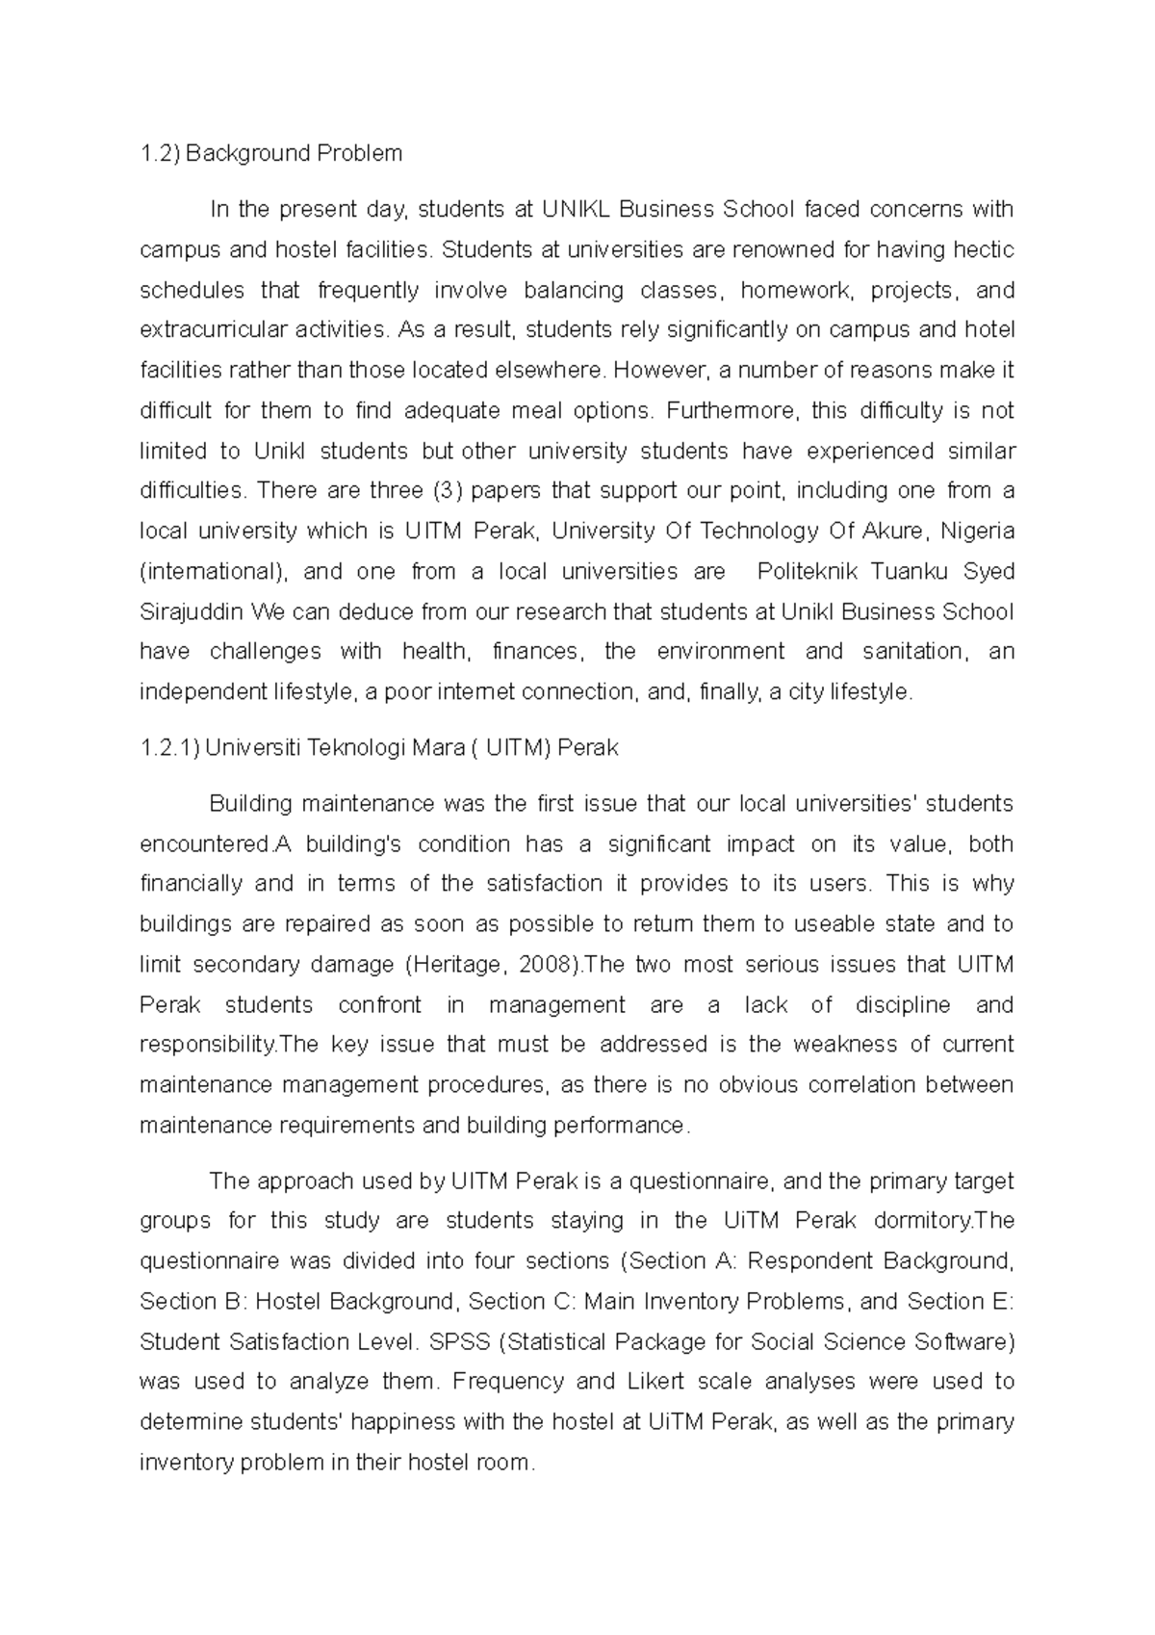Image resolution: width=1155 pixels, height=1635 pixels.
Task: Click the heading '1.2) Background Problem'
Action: tap(270, 153)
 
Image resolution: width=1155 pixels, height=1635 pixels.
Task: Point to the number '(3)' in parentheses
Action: tap(449, 491)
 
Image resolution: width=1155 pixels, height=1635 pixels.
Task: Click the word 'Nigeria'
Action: tap(977, 532)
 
